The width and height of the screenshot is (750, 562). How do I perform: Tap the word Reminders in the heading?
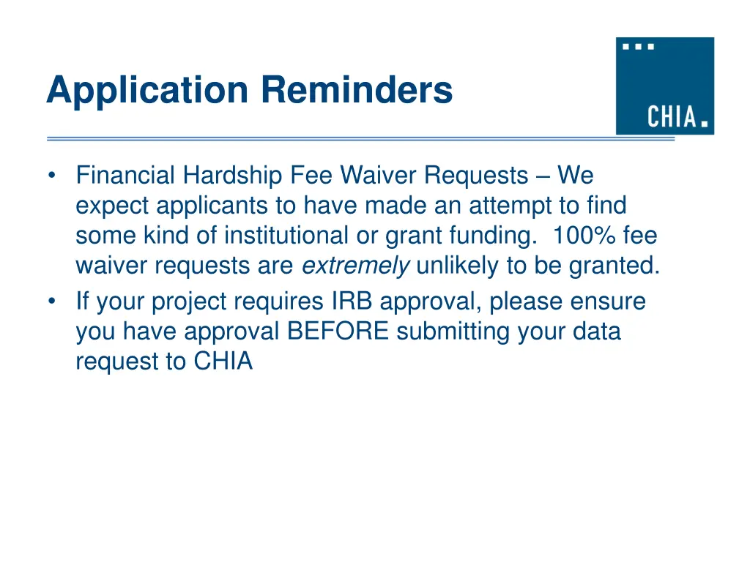(357, 90)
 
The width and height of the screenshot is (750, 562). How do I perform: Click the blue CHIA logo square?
(664, 86)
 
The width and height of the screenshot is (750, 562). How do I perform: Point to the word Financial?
(125, 176)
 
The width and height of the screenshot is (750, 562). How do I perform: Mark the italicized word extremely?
(356, 266)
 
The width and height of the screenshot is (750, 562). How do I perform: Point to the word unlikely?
(458, 266)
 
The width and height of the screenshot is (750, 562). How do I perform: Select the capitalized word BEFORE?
(338, 331)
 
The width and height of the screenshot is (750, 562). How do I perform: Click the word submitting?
(454, 332)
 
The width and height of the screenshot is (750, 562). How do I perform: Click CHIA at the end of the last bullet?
(223, 361)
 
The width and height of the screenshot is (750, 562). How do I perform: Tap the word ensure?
(607, 301)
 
